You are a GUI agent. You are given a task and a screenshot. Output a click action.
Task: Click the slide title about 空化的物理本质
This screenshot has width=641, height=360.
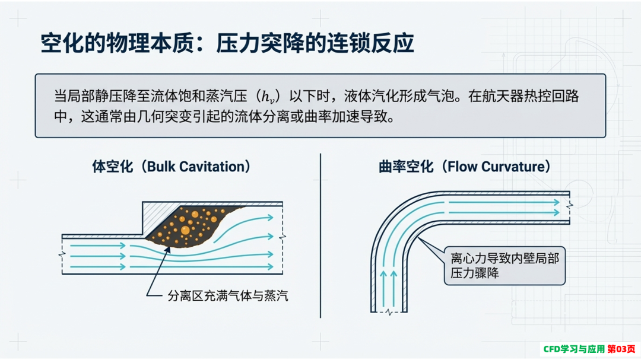tap(227, 43)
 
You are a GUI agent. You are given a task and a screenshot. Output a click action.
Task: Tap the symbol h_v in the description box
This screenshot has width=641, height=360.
tap(268, 98)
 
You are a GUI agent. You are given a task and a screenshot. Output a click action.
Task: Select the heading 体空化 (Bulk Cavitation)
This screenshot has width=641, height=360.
tap(171, 167)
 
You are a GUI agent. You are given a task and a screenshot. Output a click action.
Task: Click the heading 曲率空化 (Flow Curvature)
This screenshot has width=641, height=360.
tap(464, 167)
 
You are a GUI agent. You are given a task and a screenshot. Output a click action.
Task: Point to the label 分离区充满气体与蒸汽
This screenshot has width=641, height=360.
tap(228, 295)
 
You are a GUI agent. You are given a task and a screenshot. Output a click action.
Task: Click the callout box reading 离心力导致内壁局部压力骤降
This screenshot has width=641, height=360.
tap(504, 266)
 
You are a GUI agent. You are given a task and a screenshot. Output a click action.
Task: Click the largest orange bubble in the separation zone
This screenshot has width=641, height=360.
tap(185, 230)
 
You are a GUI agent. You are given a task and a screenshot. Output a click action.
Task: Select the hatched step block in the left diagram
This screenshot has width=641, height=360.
tap(160, 218)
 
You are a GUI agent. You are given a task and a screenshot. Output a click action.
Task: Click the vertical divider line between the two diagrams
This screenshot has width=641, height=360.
tap(320, 236)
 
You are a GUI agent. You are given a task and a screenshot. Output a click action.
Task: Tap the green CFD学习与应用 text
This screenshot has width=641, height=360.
tap(574, 349)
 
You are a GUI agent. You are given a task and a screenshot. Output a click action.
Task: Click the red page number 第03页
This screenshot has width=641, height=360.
tap(621, 349)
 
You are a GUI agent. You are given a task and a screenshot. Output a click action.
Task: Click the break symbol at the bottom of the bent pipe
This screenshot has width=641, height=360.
tap(389, 313)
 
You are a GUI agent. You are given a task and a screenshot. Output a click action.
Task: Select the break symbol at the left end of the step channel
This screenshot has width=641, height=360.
tap(62, 254)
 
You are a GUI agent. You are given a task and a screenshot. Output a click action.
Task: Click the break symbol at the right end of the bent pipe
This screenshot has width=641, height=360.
tap(569, 206)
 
